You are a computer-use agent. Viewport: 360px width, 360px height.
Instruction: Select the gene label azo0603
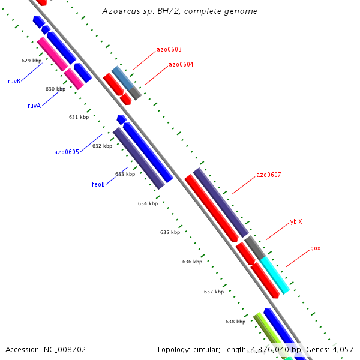169,50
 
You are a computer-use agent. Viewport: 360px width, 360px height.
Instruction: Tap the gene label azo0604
181,65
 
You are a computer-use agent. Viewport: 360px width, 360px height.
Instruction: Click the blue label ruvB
14,81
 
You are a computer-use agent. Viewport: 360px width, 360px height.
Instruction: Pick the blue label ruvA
34,106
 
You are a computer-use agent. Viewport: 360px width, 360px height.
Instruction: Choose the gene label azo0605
67,152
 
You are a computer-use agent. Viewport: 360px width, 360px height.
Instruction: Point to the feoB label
98,184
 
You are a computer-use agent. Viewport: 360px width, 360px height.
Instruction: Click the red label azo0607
268,175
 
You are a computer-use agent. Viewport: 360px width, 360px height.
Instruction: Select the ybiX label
296,222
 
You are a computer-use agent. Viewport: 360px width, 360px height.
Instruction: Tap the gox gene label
315,248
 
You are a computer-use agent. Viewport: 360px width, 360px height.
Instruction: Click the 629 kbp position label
31,61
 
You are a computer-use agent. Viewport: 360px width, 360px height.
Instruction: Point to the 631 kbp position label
79,118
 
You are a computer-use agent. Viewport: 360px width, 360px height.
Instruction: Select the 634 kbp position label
148,204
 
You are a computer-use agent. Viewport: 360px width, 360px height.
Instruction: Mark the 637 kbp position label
214,292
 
